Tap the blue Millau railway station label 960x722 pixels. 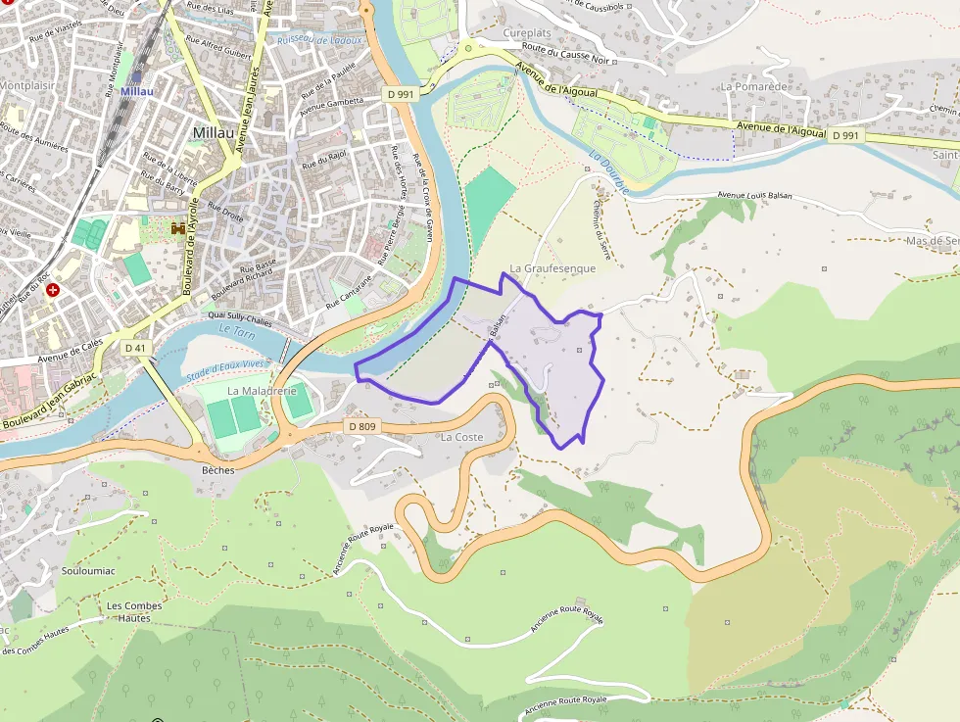tap(137, 91)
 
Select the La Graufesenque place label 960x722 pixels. tap(552, 267)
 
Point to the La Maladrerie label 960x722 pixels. tap(262, 390)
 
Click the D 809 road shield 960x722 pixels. tap(361, 426)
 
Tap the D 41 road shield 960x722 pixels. tap(135, 348)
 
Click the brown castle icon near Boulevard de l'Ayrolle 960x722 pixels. tap(178, 227)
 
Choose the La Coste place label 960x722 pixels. tap(462, 437)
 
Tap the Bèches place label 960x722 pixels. tap(217, 470)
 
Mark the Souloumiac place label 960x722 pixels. tap(89, 570)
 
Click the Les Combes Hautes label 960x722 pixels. tap(134, 611)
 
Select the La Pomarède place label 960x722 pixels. tap(754, 86)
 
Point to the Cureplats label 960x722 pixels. tap(527, 32)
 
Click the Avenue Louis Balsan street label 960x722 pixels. tap(753, 196)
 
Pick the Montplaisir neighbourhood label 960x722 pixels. tap(26, 85)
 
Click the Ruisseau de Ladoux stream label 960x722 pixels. tap(319, 40)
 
